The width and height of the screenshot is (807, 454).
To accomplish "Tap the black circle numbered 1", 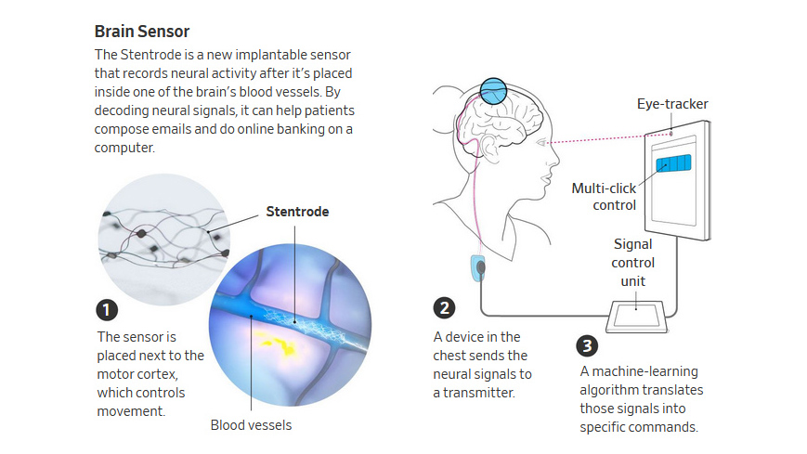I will pyautogui.click(x=109, y=310).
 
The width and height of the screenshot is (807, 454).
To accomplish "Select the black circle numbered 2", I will pyautogui.click(x=445, y=309).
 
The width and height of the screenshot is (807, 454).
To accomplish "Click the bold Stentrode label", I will pyautogui.click(x=297, y=212).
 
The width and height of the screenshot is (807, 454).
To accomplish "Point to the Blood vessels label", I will pyautogui.click(x=250, y=425).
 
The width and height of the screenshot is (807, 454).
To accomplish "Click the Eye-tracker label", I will pyautogui.click(x=672, y=104).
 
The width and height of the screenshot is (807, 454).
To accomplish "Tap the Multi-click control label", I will pyautogui.click(x=604, y=197).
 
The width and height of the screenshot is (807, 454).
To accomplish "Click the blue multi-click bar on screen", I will pyautogui.click(x=673, y=164).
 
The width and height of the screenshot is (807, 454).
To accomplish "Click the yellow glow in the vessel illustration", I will pyautogui.click(x=274, y=346).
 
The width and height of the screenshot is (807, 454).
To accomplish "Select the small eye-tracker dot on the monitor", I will pyautogui.click(x=671, y=134).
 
